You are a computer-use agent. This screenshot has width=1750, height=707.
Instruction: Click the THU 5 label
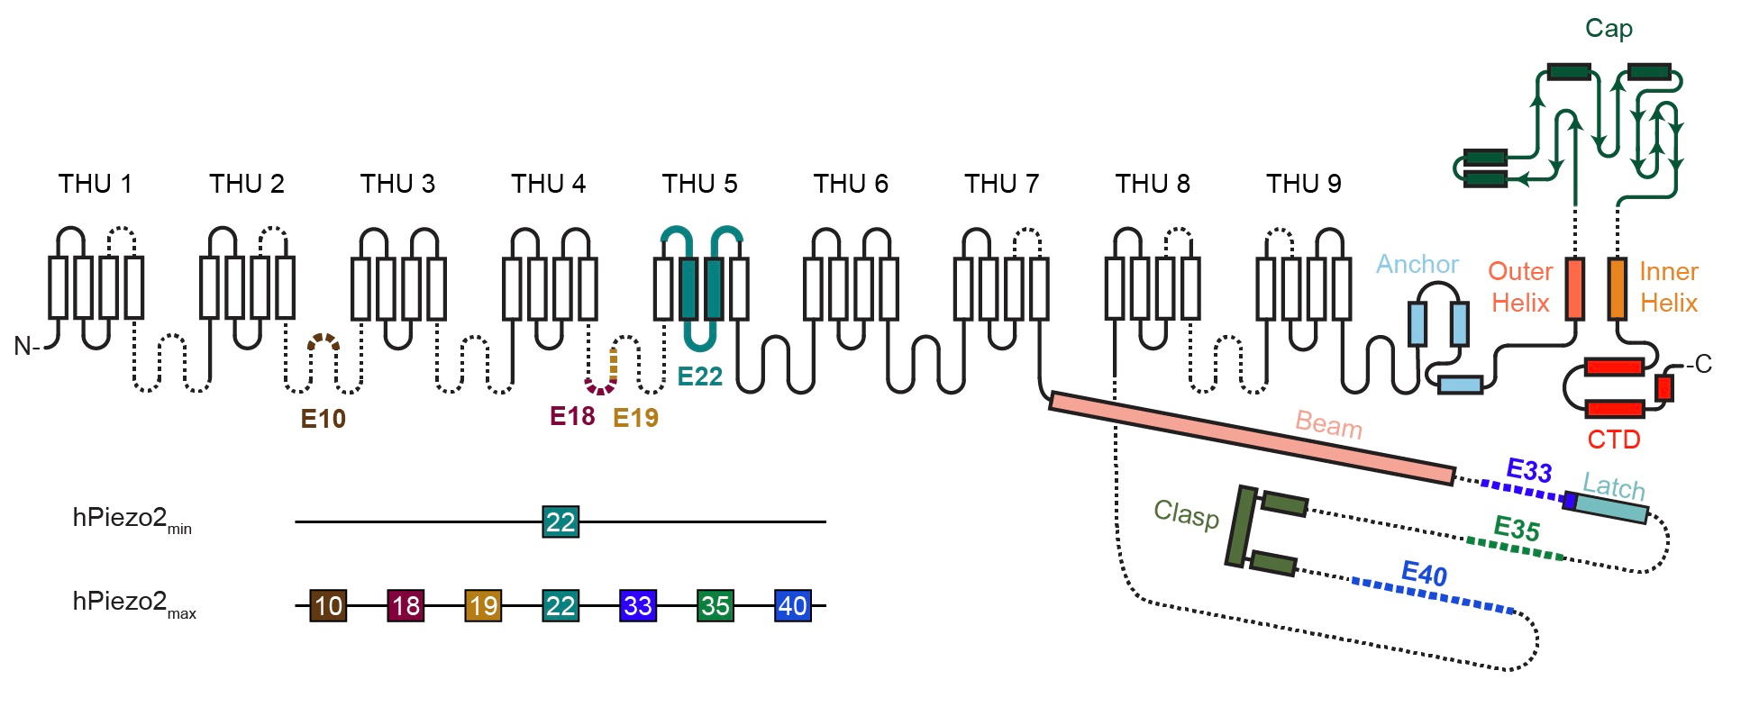[699, 184]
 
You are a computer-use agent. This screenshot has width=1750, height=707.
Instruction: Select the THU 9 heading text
[1303, 184]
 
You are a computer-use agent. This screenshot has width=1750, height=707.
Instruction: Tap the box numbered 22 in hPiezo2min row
[560, 521]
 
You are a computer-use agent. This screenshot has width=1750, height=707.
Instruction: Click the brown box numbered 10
[328, 605]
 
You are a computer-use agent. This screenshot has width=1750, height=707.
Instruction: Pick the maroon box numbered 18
[406, 605]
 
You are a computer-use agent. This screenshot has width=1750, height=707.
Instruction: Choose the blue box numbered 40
[792, 605]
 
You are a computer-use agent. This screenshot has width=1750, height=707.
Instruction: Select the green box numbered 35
[715, 605]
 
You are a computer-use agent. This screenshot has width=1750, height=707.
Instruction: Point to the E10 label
[323, 419]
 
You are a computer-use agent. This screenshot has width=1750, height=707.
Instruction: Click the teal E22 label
[699, 376]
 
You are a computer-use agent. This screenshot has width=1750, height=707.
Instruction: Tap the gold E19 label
[635, 418]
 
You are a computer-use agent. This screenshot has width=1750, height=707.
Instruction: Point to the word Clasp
[1186, 514]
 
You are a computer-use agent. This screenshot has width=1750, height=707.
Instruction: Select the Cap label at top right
[1609, 29]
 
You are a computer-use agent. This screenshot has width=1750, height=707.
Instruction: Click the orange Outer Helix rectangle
[1574, 288]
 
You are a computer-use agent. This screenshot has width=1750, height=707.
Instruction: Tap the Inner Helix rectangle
[1618, 288]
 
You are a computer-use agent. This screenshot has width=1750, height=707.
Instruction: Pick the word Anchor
[1417, 264]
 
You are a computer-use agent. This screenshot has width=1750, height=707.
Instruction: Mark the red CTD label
[1613, 440]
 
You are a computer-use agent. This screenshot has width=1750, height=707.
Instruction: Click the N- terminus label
[26, 346]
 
